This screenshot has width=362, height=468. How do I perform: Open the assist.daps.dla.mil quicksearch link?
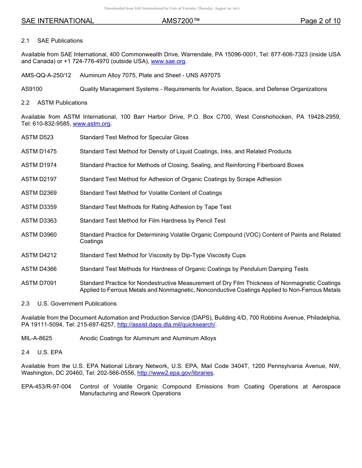(166, 325)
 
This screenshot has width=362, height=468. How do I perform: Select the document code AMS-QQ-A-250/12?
(46, 75)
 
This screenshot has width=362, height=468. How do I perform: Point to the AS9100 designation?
(32, 89)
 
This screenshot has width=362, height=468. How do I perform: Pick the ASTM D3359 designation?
(39, 207)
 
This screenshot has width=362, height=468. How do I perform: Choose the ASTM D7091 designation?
(39, 283)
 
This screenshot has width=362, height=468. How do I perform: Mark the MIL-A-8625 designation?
(37, 338)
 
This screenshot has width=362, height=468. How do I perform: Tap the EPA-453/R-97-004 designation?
(46, 387)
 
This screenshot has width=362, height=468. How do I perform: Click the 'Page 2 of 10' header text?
(320, 21)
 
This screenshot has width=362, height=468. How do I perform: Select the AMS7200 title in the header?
(181, 21)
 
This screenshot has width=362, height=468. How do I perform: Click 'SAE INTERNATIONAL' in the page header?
(58, 21)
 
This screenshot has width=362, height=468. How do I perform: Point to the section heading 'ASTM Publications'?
(62, 103)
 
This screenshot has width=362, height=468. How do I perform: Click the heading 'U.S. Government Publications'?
(77, 304)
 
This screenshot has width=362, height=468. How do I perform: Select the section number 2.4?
(26, 352)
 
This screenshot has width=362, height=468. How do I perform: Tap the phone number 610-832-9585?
(51, 124)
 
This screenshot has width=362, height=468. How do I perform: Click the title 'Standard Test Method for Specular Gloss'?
(134, 137)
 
